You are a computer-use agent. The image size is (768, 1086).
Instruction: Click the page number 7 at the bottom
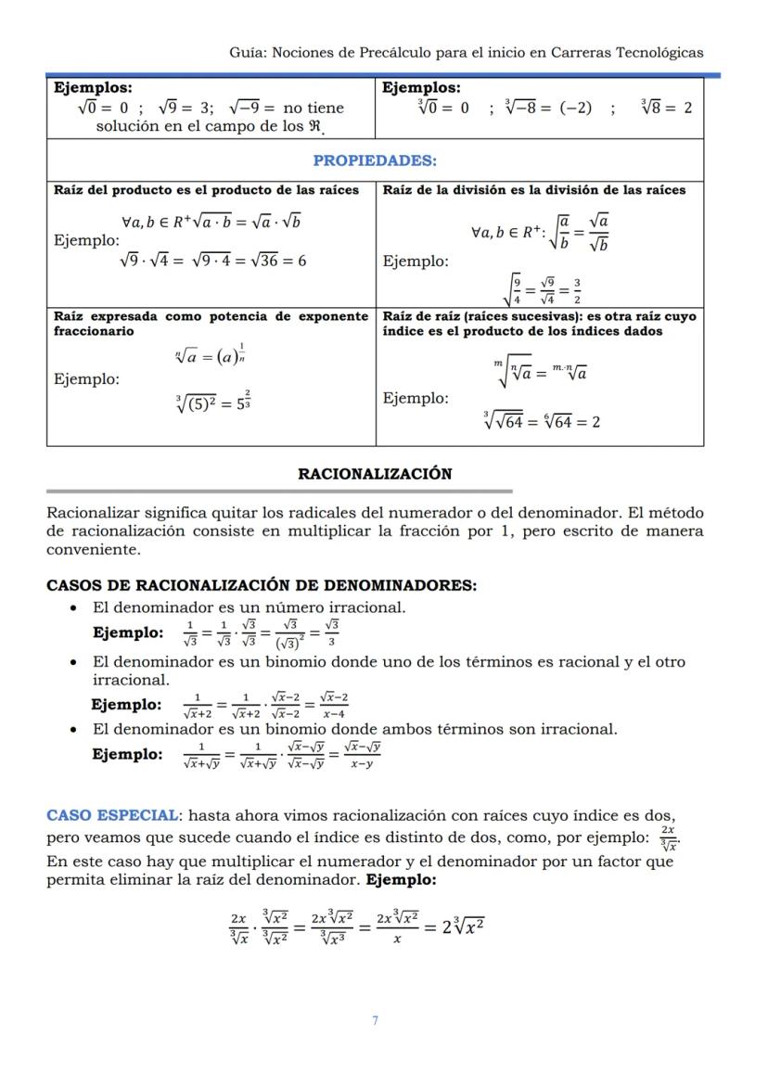coord(375,1020)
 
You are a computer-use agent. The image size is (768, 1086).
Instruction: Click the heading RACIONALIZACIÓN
coord(375,474)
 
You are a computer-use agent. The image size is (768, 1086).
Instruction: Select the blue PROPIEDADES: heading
coord(375,160)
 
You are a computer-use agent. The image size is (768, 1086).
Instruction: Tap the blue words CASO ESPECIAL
coord(112,815)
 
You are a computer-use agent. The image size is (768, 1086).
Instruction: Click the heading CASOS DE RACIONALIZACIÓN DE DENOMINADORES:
coord(262,586)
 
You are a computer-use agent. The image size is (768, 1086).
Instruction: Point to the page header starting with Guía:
coord(466,53)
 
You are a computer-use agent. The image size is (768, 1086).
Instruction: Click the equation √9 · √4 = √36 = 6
coord(213,261)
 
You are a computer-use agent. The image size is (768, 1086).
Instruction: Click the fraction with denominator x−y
coord(362,755)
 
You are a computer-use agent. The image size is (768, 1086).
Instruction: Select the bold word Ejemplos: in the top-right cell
coord(421,88)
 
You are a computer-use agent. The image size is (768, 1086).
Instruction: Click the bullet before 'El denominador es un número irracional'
coord(73,608)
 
